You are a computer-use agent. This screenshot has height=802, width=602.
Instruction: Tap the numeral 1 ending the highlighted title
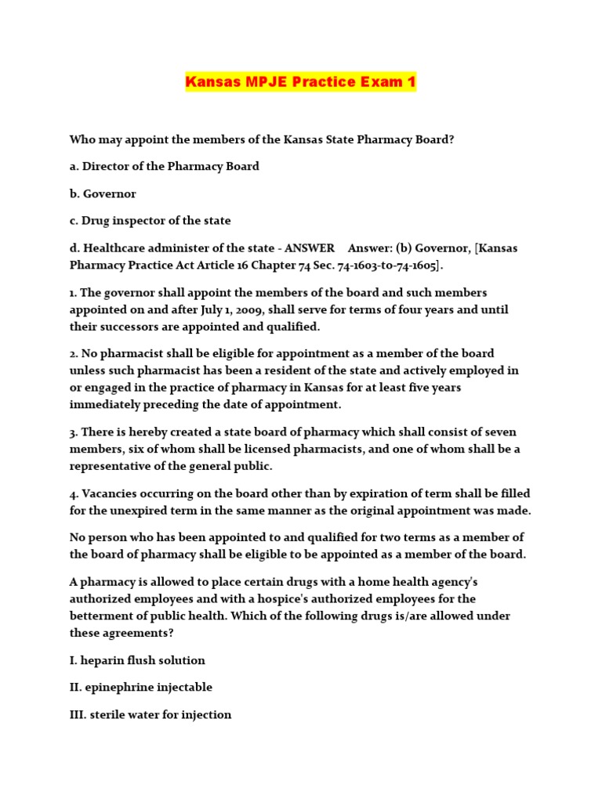point(410,81)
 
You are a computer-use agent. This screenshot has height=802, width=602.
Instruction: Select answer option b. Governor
point(103,193)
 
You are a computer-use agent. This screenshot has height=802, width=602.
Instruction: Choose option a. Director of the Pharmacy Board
point(165,166)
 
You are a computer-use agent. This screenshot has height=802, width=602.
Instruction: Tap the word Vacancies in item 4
point(110,493)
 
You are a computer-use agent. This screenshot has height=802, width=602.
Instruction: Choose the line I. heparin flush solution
point(137,660)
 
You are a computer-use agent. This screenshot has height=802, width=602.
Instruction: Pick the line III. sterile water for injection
point(150,714)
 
